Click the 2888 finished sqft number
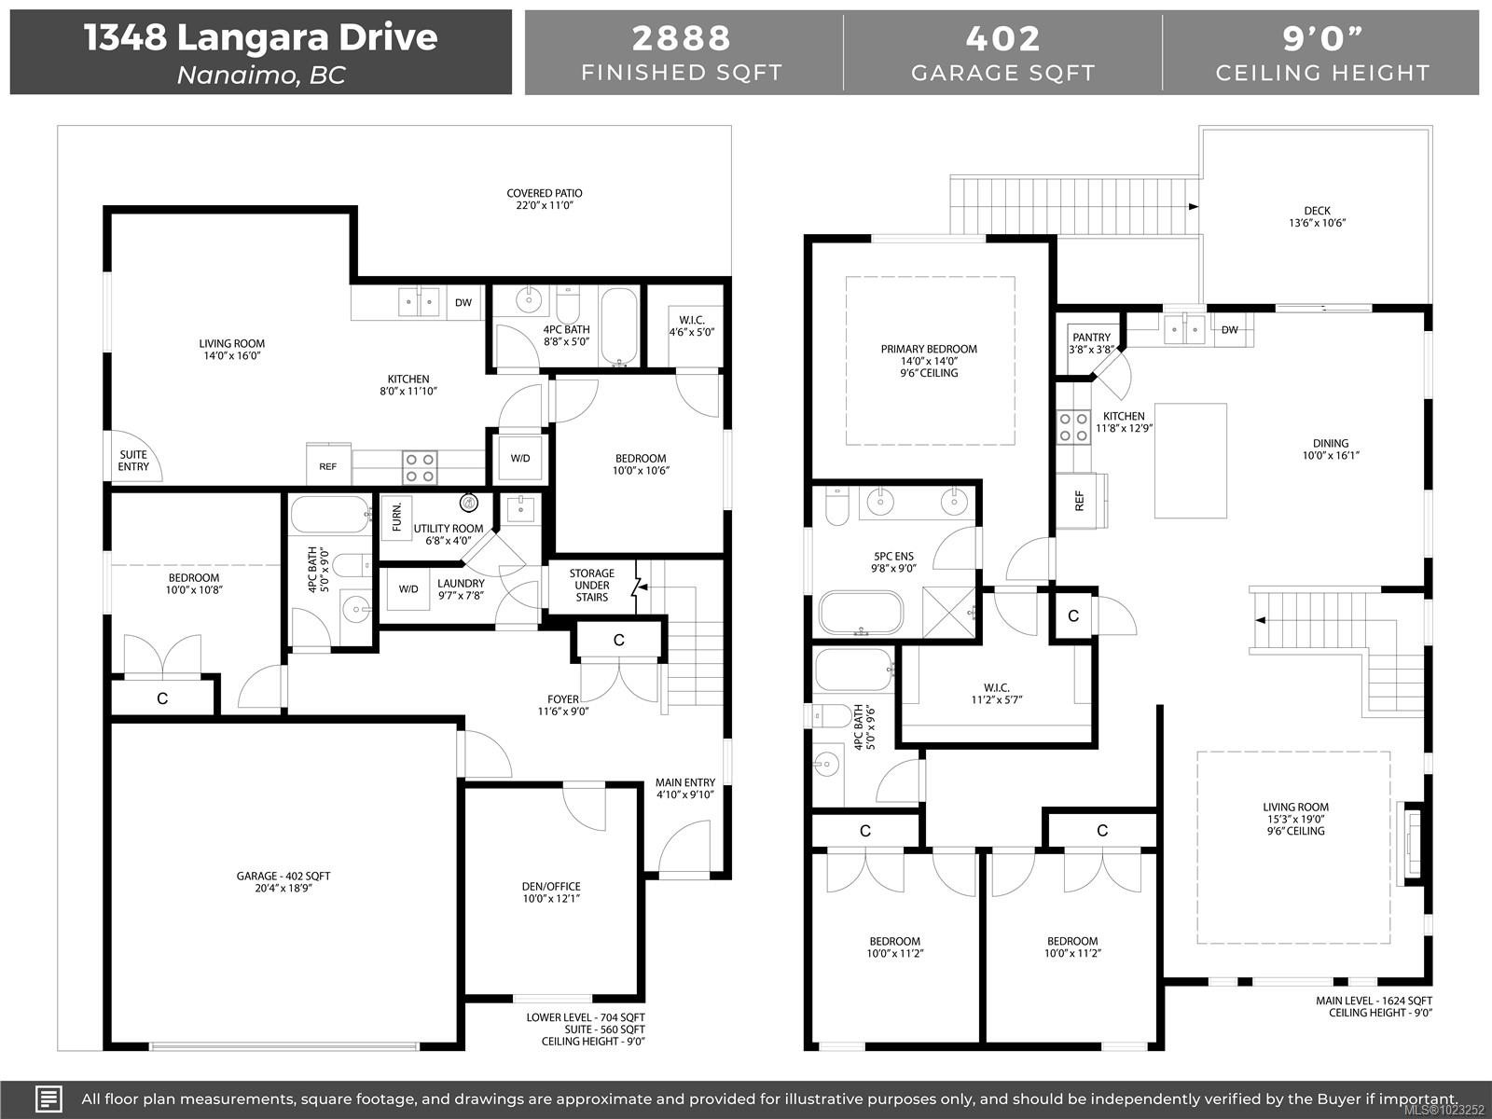[682, 38]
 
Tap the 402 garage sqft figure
[1002, 38]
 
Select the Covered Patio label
[545, 199]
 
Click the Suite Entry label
[133, 461]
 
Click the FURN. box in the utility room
[396, 517]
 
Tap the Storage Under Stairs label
[592, 586]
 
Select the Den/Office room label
[551, 892]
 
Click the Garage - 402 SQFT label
[283, 882]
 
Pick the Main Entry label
[684, 789]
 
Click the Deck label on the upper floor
[1317, 216]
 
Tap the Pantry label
[1091, 343]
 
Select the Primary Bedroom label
[929, 361]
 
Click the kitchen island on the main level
[1190, 461]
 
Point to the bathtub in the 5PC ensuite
[861, 613]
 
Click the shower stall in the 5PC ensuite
[949, 612]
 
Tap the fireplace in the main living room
[1413, 843]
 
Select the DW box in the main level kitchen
[1229, 329]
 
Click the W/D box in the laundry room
[408, 589]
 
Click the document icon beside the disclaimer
[49, 1098]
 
